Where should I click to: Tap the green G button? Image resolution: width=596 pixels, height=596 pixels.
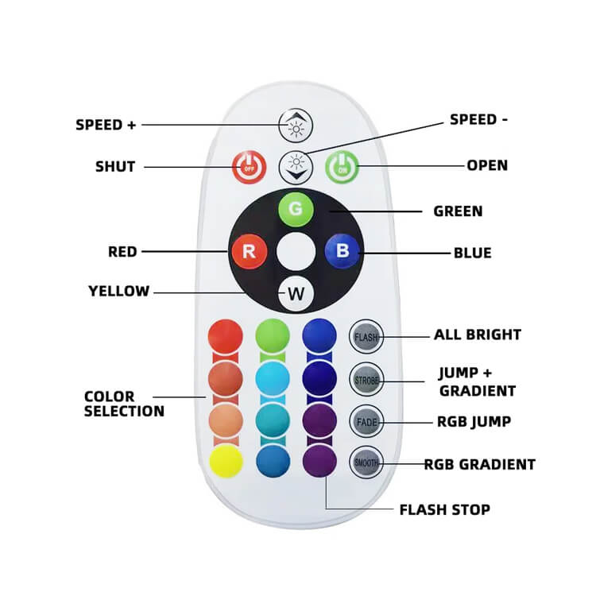tap(296, 210)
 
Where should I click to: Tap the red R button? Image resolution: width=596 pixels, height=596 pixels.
tap(250, 251)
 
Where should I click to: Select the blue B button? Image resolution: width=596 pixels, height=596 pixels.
tap(342, 251)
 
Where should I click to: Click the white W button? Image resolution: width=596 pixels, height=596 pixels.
tap(296, 294)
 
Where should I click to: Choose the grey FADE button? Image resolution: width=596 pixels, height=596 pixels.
tap(366, 421)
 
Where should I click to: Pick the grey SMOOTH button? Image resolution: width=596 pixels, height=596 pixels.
tap(366, 462)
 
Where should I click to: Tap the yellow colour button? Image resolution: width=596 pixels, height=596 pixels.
tap(226, 461)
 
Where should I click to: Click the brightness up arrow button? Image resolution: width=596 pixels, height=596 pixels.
tap(296, 125)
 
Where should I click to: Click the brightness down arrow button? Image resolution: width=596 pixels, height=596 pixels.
tap(296, 167)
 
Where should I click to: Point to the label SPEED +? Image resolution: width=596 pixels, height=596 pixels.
tap(106, 125)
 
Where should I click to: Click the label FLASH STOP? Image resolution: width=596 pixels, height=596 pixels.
tap(445, 509)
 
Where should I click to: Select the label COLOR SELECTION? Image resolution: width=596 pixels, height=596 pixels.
tap(124, 404)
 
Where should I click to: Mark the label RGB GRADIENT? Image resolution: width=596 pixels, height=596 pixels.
tap(480, 465)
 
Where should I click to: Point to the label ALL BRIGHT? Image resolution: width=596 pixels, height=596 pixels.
tap(478, 335)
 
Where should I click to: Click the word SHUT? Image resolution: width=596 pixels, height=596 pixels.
tap(115, 167)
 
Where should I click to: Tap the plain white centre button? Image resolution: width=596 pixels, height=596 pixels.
tap(296, 251)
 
